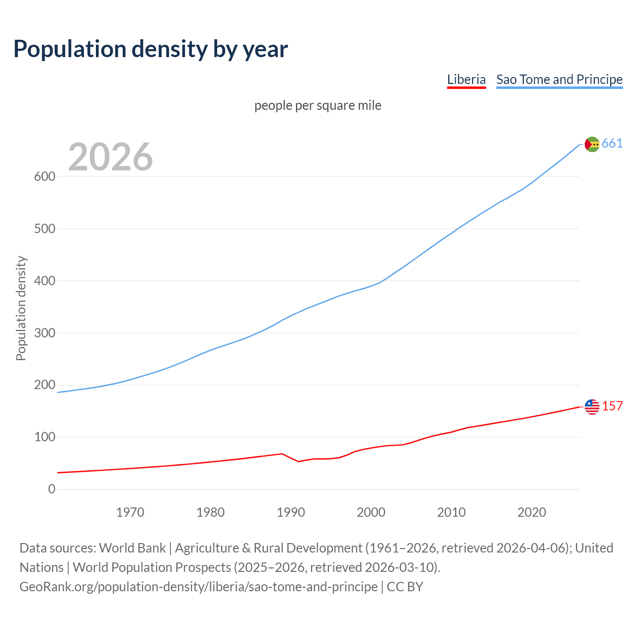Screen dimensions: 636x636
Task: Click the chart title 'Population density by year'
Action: (151, 49)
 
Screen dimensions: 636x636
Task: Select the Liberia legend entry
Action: (466, 79)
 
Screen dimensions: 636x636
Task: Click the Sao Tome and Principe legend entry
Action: (559, 79)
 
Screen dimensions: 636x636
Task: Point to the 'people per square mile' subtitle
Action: (318, 106)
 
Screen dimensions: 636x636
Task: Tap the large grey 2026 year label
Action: (110, 157)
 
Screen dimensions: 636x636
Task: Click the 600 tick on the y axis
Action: (45, 177)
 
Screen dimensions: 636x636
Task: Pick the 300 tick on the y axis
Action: (45, 333)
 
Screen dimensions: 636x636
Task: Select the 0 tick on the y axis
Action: (52, 489)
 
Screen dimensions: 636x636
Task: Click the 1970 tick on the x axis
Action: (130, 512)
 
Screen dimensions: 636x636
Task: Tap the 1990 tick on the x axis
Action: (291, 512)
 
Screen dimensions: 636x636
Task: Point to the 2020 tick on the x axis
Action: (532, 512)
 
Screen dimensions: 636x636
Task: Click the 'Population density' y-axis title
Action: (21, 308)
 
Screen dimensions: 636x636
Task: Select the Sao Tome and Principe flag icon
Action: (592, 144)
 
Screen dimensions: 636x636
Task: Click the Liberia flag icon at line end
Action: (592, 407)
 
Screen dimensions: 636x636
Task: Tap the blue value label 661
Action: (612, 144)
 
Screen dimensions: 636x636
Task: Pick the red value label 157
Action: (612, 406)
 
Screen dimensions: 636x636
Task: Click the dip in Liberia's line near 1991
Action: (298, 462)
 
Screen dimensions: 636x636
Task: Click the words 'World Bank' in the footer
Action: (132, 548)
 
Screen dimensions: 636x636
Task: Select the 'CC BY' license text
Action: (405, 587)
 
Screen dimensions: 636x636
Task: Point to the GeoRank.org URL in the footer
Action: (198, 587)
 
